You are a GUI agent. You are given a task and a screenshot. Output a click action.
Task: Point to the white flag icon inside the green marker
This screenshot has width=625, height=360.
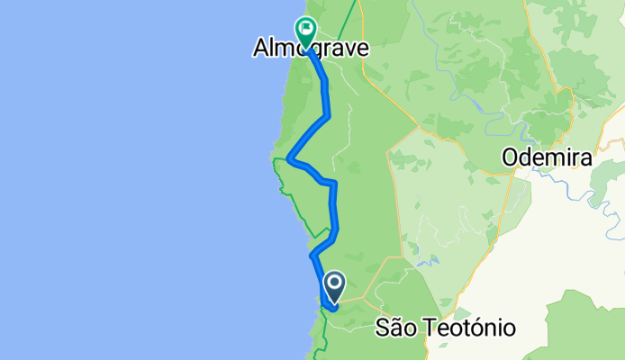pyautogui.click(x=306, y=29)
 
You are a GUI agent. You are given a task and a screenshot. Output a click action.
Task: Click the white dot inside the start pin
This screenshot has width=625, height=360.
pyautogui.click(x=334, y=284)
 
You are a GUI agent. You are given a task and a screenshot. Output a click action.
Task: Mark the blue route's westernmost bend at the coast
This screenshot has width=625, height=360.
pyautogui.click(x=288, y=160)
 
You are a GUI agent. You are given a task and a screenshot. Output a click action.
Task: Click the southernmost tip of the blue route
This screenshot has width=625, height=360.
pyautogui.click(x=331, y=309)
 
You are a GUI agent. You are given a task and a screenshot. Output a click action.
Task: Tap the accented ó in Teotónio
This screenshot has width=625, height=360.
pyautogui.click(x=479, y=328)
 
